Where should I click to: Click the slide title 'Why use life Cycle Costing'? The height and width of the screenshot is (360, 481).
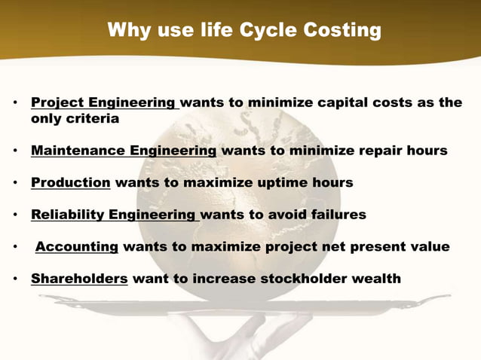(x=244, y=31)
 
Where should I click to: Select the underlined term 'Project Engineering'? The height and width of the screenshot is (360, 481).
(x=103, y=102)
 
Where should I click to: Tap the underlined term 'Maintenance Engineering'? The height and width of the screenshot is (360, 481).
(x=124, y=151)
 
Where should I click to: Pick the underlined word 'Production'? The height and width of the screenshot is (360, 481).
(x=71, y=182)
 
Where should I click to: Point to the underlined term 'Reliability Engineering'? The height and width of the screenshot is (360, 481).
(x=114, y=215)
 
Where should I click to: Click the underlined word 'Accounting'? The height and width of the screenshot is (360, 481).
(x=77, y=247)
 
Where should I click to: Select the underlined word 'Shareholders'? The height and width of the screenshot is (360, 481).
(x=79, y=279)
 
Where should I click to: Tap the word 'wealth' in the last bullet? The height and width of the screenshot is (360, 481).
(x=375, y=279)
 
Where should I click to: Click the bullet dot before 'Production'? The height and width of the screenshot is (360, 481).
(x=15, y=183)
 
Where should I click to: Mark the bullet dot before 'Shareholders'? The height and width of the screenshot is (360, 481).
(x=15, y=279)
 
